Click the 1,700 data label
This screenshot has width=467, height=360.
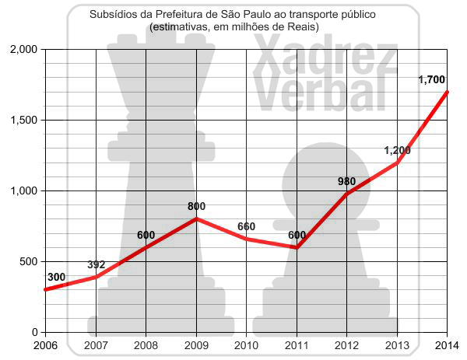[431, 79]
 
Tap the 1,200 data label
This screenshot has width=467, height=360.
[397, 150]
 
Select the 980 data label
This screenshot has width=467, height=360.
[346, 182]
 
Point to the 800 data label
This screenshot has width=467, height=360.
[196, 207]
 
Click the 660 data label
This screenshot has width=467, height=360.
[246, 227]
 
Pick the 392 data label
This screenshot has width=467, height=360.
[96, 264]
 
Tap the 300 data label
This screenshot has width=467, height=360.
[56, 277]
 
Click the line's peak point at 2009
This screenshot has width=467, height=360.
[196, 218]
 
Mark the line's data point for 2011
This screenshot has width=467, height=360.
[297, 247]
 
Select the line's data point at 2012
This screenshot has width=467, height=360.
[346, 194]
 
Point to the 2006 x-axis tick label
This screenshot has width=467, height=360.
[46, 345]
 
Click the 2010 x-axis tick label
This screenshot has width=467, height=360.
[246, 345]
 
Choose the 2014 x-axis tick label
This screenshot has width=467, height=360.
[446, 345]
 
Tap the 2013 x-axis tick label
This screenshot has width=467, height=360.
[397, 345]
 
